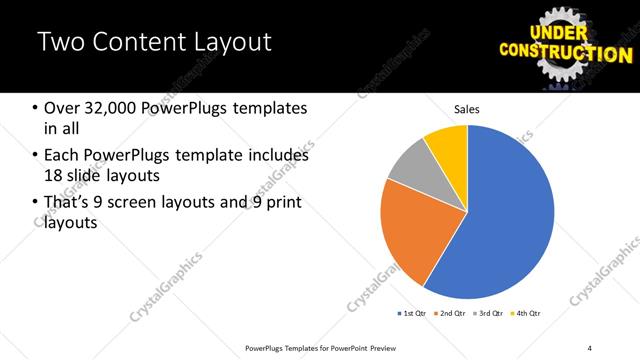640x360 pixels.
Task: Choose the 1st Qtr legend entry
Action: (x=411, y=314)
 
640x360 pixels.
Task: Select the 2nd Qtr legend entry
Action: (x=448, y=314)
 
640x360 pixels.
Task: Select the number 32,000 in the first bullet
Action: (x=115, y=107)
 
